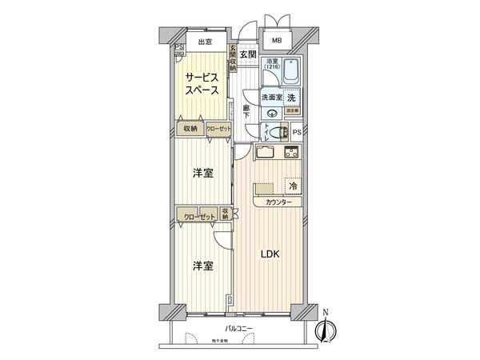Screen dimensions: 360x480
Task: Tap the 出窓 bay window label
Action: click(205, 42)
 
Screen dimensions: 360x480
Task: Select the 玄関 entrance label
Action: click(247, 54)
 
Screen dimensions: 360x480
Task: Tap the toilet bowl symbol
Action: click(274, 134)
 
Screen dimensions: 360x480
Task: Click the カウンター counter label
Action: click(273, 203)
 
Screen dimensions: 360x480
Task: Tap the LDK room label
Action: click(270, 255)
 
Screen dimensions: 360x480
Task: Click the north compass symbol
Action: click(326, 328)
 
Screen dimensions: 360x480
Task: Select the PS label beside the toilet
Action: click(297, 133)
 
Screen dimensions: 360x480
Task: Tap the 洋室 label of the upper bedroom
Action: click(202, 174)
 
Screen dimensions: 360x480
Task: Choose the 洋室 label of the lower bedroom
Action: click(202, 266)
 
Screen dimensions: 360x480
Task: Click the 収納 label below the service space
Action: click(190, 128)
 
